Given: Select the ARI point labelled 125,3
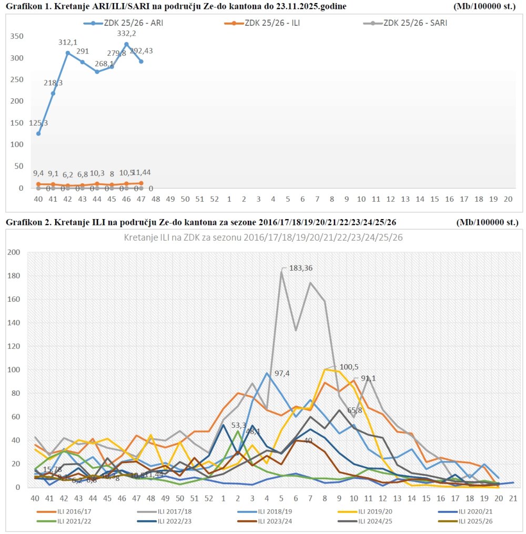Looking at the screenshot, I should [38, 133].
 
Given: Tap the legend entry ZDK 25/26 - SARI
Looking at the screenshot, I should [416, 23].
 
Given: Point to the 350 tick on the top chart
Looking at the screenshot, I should [17, 36].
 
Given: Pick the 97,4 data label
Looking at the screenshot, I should [282, 373].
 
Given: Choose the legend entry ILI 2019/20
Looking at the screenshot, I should [377, 511].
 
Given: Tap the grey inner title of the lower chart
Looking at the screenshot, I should [263, 238].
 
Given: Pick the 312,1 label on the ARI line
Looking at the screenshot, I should [67, 43].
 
